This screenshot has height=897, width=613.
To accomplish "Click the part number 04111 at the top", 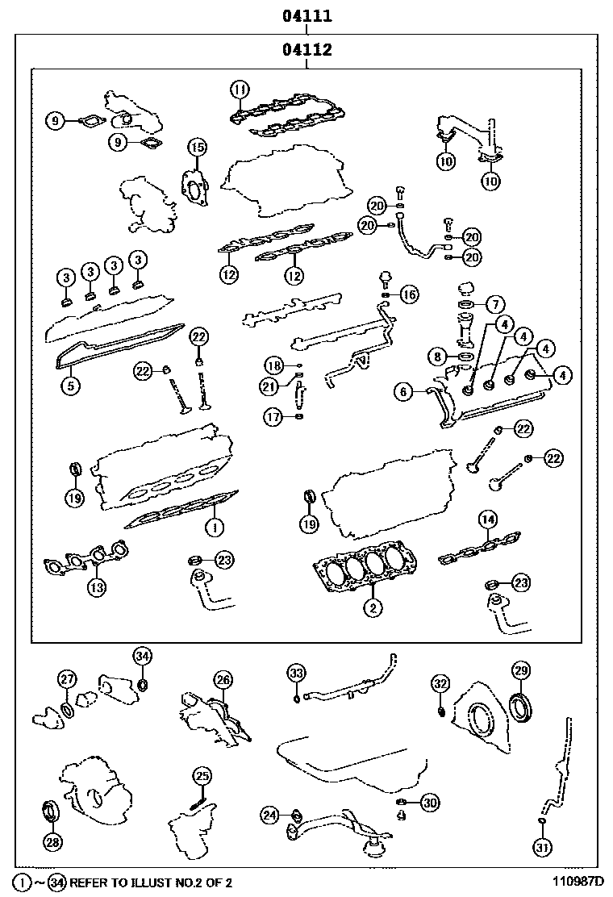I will [x=306, y=15].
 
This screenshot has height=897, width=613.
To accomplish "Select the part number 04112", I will [x=306, y=50].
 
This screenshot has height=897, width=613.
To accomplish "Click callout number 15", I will [x=198, y=147].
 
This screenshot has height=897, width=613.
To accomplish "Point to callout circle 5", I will [x=71, y=386].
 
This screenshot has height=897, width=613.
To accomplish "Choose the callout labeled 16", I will [x=410, y=294].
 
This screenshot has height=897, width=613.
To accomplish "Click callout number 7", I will [x=494, y=305].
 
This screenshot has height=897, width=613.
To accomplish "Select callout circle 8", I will [x=437, y=355].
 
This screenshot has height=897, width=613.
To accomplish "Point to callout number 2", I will [x=372, y=608].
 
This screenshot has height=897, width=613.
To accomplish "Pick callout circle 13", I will [x=96, y=587].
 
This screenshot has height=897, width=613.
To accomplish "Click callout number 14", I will [x=487, y=519].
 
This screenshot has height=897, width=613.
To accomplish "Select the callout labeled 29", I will [x=520, y=670].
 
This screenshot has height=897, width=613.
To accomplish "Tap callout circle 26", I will [x=223, y=680].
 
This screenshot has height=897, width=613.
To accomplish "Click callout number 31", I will [x=541, y=846].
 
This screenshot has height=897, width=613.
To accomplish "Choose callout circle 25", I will [x=202, y=776].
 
